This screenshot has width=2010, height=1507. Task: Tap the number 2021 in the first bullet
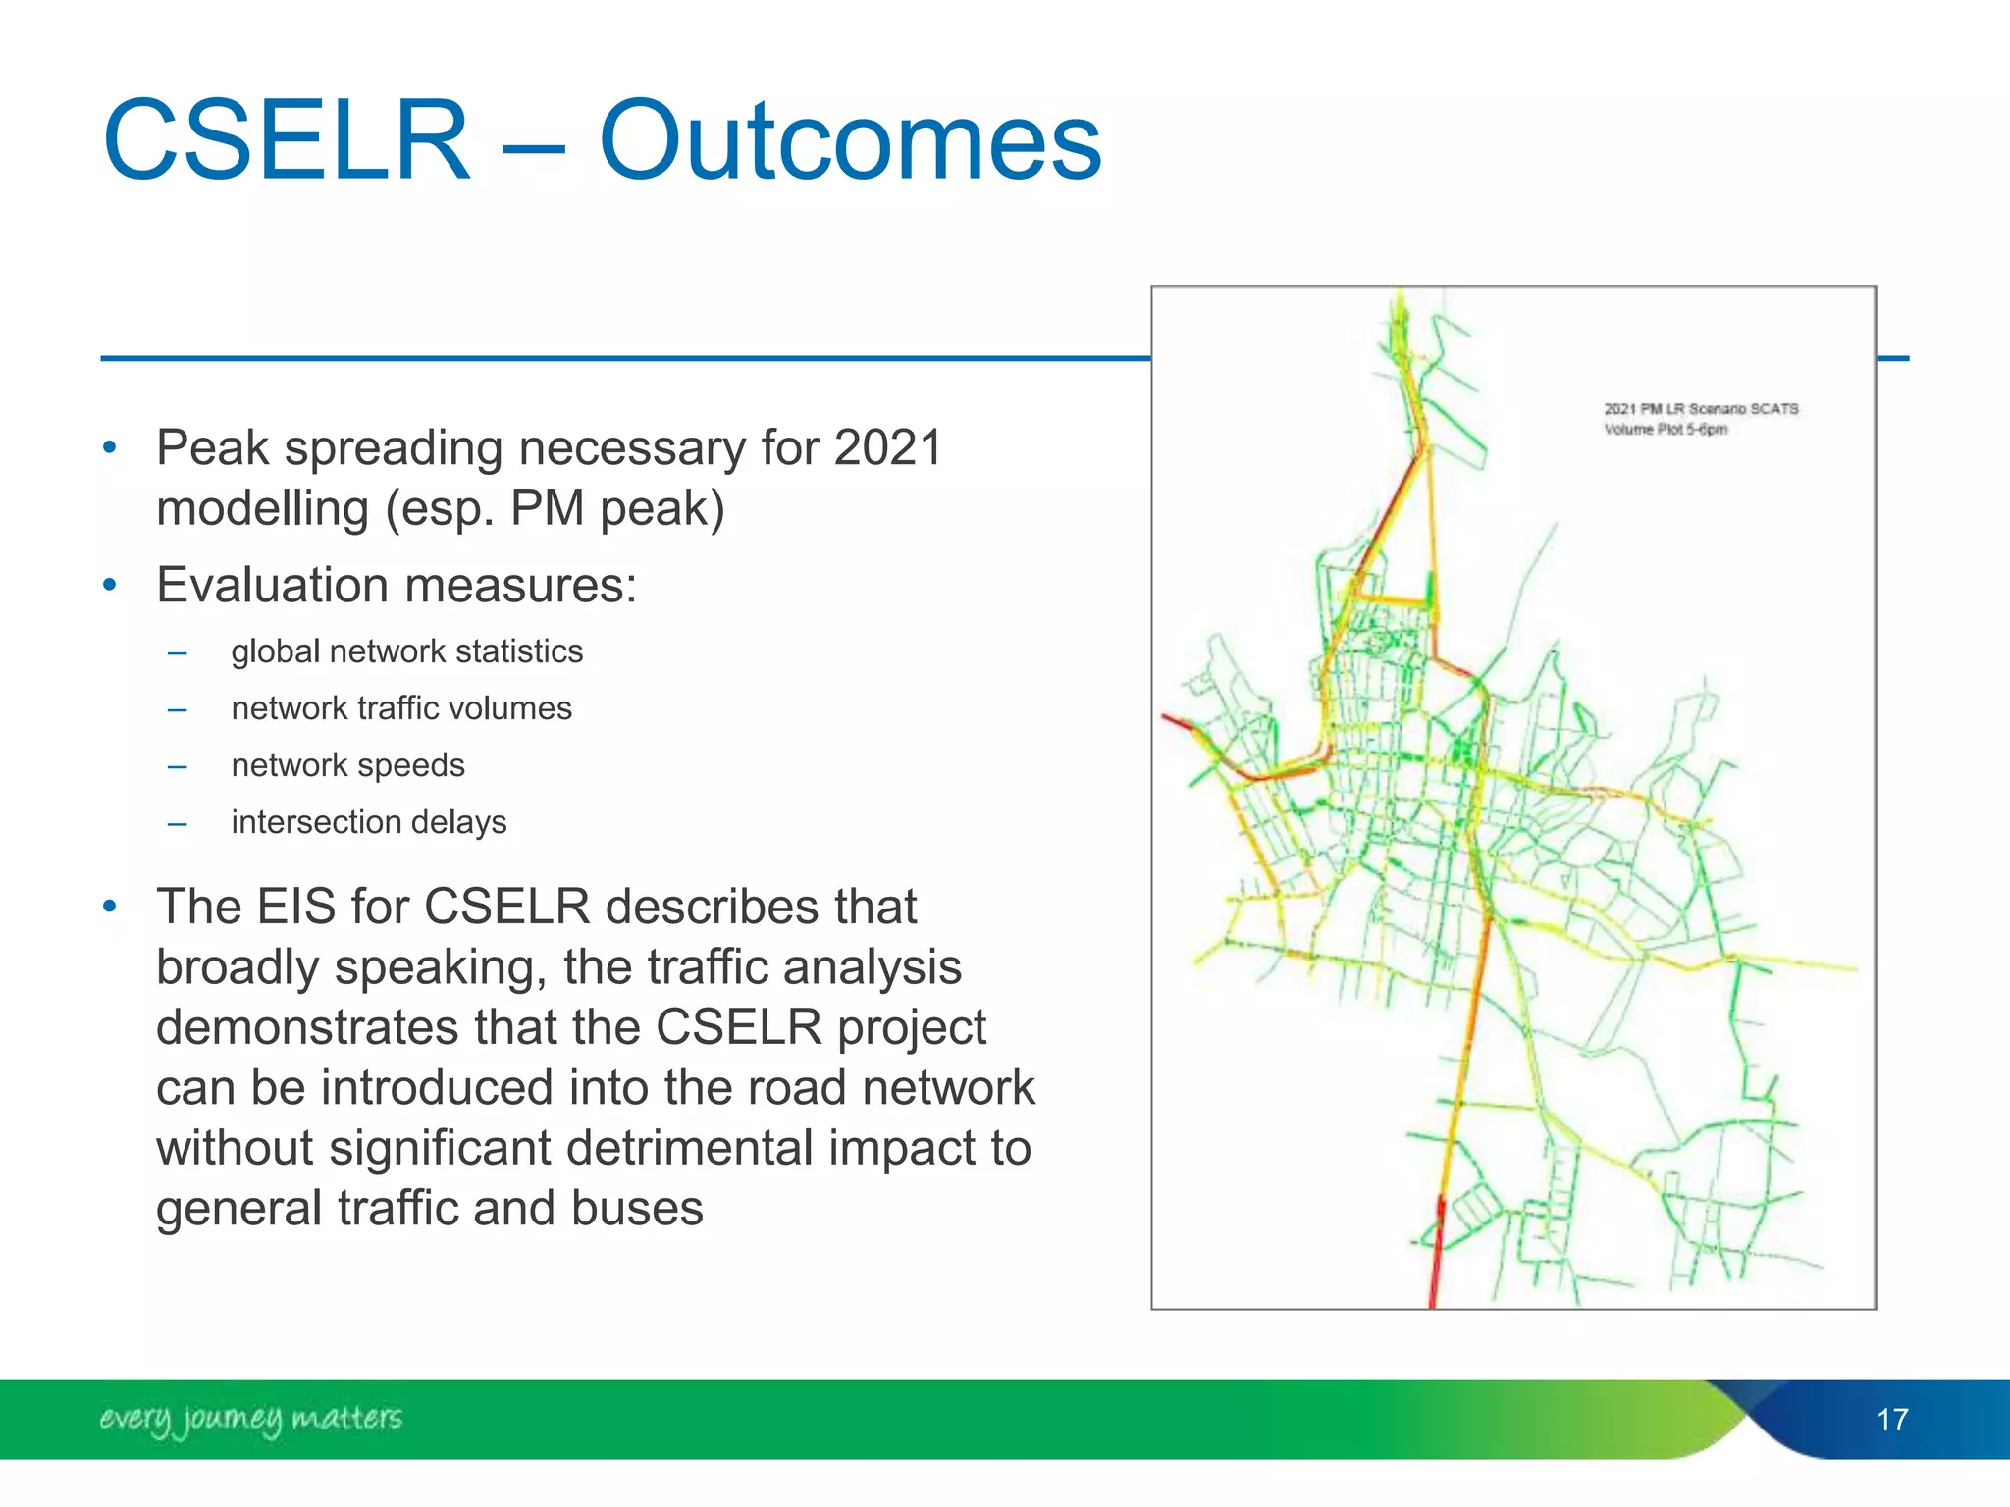(888, 448)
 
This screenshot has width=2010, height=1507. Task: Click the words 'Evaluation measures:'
(397, 586)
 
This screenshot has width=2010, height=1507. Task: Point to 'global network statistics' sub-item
(406, 651)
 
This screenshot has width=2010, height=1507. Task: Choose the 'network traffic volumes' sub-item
(401, 708)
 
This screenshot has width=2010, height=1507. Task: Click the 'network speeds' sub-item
(347, 765)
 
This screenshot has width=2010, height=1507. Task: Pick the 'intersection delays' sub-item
(369, 822)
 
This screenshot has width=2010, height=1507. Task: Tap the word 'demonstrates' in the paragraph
(307, 1027)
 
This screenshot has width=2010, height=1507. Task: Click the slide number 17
(1892, 1420)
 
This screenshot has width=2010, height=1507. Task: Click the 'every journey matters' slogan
(251, 1419)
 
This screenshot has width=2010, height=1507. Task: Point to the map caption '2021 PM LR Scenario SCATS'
(1701, 409)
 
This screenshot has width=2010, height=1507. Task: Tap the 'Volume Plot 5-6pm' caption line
(1666, 430)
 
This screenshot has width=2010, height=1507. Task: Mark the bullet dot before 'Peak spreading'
(110, 449)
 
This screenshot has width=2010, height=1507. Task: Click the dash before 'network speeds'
(177, 766)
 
